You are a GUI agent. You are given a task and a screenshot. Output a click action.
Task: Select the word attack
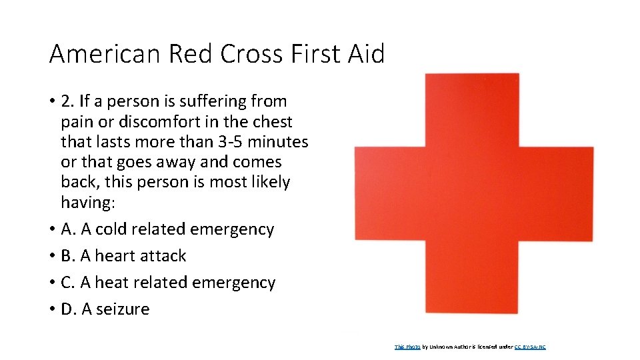click(x=165, y=256)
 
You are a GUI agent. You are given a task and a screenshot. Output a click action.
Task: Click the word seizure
click(x=123, y=309)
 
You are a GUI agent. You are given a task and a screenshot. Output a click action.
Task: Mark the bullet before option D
click(x=51, y=309)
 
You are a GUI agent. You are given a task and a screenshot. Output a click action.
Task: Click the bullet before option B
click(x=51, y=256)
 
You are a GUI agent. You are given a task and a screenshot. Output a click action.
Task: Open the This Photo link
click(x=407, y=347)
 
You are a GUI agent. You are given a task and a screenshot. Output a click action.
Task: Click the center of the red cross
click(x=473, y=193)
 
